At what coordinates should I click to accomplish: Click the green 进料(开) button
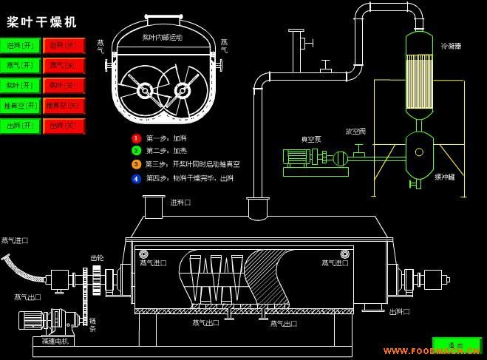21,46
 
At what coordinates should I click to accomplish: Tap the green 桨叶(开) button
21,86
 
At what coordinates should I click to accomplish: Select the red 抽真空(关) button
64,106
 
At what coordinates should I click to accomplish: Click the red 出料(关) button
64,126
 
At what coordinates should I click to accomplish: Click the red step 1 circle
136,138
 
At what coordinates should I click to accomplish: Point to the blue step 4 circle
136,178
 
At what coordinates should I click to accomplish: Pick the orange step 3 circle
136,164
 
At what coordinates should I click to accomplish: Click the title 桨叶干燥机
42,22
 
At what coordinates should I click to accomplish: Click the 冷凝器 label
451,45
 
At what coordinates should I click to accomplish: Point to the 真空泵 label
310,139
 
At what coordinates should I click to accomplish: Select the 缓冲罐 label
445,177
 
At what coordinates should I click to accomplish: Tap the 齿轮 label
97,258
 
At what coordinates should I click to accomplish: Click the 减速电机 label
55,342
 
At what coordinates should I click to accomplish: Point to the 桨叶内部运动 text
162,37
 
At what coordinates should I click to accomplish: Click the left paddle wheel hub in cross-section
145,91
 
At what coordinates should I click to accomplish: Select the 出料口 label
400,311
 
